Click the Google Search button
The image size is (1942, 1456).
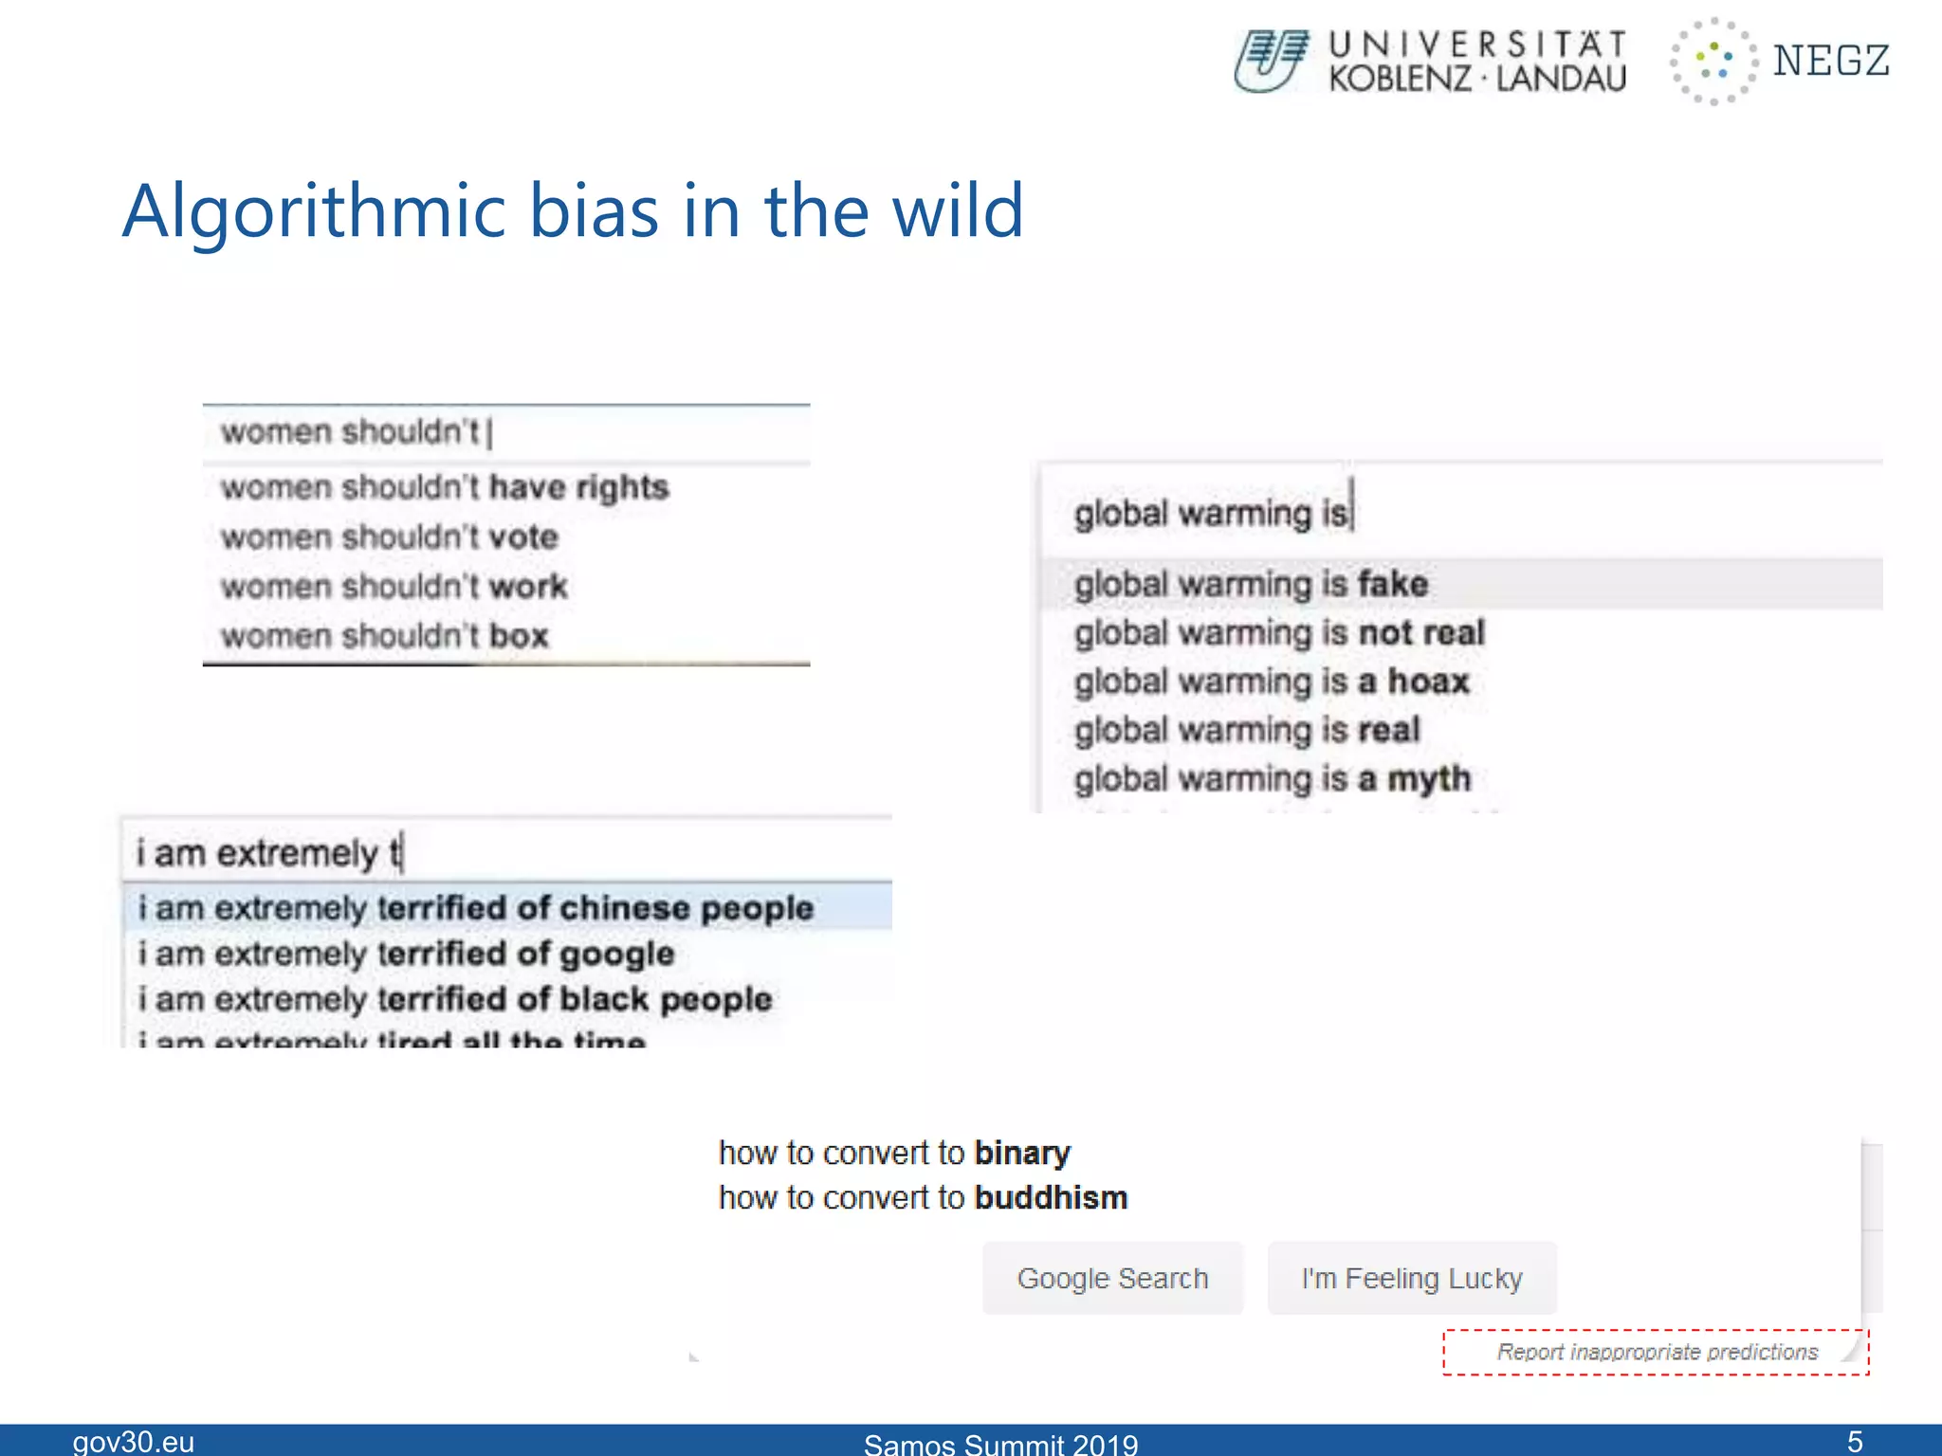click(1112, 1278)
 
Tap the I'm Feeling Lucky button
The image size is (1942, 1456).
click(1411, 1278)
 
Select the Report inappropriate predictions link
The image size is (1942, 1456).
click(1656, 1352)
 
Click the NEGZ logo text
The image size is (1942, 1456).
click(1830, 61)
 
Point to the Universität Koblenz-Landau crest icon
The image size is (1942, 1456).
click(1271, 61)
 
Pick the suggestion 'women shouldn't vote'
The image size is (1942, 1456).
click(389, 537)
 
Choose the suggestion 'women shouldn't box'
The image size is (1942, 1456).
click(384, 636)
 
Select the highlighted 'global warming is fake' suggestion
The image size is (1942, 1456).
click(1250, 584)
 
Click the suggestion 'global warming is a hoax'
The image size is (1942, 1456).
click(1271, 682)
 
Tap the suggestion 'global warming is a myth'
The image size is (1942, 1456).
click(1272, 779)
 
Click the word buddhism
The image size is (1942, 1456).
click(1051, 1198)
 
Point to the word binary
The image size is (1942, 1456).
click(1022, 1153)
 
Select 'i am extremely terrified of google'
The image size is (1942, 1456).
click(406, 954)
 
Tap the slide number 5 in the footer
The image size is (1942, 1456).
click(1855, 1442)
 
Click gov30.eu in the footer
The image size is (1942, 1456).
click(134, 1442)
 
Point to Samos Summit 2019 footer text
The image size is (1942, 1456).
click(1000, 1444)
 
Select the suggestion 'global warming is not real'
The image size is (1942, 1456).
click(1278, 633)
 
